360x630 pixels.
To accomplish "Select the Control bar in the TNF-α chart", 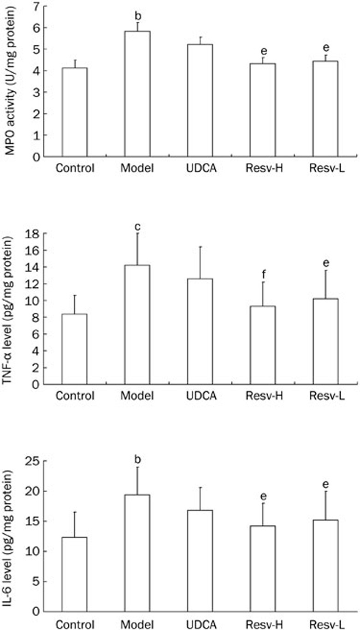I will pos(74,349).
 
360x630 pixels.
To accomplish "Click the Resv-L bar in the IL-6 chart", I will pos(325,565).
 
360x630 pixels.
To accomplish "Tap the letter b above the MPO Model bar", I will pos(137,16).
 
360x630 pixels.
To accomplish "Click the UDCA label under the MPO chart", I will pos(200,168).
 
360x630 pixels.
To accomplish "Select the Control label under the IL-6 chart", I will pos(75,624).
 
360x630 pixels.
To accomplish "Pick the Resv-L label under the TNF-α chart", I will pos(325,396).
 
